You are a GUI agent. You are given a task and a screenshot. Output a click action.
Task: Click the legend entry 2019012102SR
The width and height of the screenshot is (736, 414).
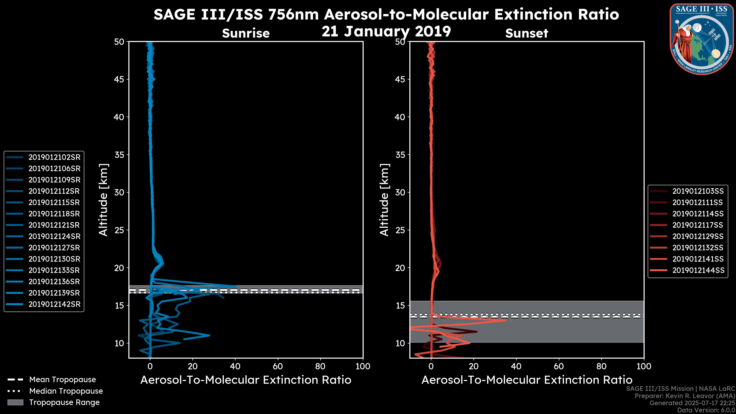(x=54, y=157)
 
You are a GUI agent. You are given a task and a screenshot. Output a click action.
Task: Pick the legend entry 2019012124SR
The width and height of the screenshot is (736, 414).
(x=54, y=236)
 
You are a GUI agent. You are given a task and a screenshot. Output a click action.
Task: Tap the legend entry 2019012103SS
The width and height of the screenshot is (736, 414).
(x=698, y=191)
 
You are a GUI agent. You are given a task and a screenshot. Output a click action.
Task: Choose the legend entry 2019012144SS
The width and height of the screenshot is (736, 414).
(x=698, y=270)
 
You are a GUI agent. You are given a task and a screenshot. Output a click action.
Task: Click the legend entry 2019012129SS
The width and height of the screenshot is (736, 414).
(x=698, y=236)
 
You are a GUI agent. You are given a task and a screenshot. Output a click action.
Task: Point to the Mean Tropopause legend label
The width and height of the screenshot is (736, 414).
(x=62, y=379)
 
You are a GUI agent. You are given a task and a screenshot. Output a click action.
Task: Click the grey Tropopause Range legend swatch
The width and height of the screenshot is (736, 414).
(x=15, y=402)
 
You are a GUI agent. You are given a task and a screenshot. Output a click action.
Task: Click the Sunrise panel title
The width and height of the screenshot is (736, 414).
(x=246, y=33)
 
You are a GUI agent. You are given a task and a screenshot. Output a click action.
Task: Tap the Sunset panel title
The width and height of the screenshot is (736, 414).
(x=527, y=33)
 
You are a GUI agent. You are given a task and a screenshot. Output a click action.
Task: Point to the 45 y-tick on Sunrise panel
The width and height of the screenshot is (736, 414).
(x=119, y=79)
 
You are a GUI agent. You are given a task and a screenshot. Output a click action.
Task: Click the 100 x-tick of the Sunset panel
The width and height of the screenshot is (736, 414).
(x=644, y=366)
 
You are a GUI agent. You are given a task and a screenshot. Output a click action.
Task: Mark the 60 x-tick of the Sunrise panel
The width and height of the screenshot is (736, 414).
(x=278, y=366)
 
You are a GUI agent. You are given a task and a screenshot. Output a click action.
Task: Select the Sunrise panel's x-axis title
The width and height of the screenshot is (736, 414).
(x=246, y=380)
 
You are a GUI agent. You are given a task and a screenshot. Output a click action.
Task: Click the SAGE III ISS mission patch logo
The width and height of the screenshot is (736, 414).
(x=702, y=39)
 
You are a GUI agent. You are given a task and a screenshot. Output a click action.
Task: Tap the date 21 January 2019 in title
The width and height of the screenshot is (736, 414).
(x=386, y=31)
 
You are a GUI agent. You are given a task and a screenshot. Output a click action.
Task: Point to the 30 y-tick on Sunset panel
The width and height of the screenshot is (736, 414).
(x=400, y=192)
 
